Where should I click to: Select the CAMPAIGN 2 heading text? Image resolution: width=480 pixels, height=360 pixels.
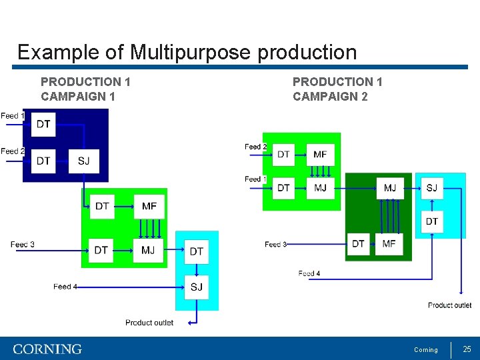tap(330, 97)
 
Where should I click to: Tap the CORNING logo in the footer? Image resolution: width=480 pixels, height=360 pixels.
tap(47, 349)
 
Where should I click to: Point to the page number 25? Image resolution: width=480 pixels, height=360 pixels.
tap(467, 349)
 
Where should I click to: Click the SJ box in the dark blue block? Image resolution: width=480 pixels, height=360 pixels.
tap(83, 161)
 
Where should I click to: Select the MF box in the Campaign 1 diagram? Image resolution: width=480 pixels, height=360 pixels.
tap(149, 206)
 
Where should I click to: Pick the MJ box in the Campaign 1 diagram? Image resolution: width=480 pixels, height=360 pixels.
tap(148, 250)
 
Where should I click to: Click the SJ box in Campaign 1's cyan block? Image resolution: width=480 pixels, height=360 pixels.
tap(196, 287)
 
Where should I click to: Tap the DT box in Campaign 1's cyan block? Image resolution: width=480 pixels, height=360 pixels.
tap(196, 251)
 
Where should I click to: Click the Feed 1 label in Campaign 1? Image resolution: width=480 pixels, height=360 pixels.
tap(12, 116)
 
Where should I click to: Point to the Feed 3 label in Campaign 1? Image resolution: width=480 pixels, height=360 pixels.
tap(22, 245)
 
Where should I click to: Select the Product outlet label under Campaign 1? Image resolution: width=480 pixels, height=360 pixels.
tap(149, 323)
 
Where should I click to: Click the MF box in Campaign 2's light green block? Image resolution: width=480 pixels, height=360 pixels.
tap(320, 154)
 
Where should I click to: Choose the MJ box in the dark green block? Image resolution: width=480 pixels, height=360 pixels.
tap(390, 188)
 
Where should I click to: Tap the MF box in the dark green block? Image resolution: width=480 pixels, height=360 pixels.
tap(389, 244)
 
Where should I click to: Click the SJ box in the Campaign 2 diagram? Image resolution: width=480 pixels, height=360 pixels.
tap(432, 188)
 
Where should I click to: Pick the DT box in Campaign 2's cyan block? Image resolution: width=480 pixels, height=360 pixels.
tap(432, 221)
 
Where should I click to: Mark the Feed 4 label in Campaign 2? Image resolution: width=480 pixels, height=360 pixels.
tap(309, 273)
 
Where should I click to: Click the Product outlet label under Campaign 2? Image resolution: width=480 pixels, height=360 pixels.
tap(449, 305)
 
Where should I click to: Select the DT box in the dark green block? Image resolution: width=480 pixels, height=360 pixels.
tap(359, 244)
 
